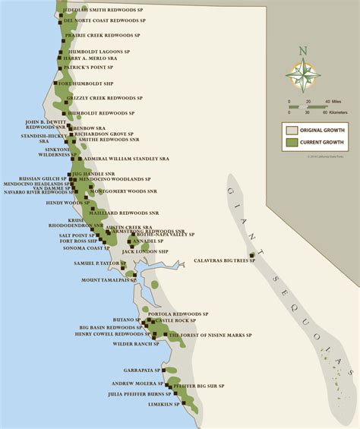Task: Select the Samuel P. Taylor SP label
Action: pyautogui.click(x=98, y=263)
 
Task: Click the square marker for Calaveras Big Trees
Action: pyautogui.click(x=251, y=255)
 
